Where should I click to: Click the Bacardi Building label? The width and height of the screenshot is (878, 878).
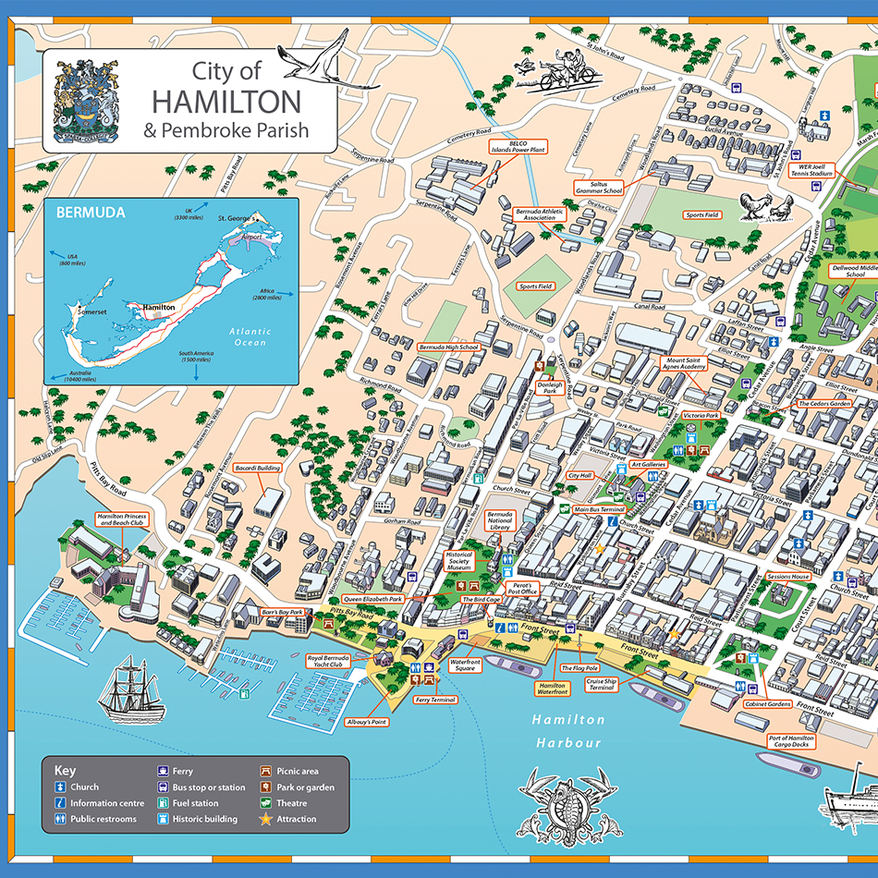point(258,469)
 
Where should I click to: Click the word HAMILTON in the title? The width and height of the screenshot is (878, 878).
point(226,100)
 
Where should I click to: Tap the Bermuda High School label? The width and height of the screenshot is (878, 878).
point(448,348)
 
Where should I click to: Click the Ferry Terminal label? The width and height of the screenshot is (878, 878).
point(435,700)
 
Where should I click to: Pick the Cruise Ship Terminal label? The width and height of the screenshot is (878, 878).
point(601,684)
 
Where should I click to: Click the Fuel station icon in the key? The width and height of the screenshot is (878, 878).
point(163,803)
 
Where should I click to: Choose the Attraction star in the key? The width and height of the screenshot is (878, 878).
point(266,819)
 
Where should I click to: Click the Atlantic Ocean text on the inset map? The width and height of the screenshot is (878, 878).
point(250,336)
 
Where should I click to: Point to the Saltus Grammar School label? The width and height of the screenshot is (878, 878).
point(600,187)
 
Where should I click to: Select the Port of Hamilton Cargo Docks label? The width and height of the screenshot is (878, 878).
point(791,740)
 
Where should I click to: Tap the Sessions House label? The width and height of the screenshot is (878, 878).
point(787,577)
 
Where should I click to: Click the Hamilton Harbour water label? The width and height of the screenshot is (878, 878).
point(567,731)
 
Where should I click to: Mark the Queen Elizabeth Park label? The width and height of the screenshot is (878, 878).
point(372,599)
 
